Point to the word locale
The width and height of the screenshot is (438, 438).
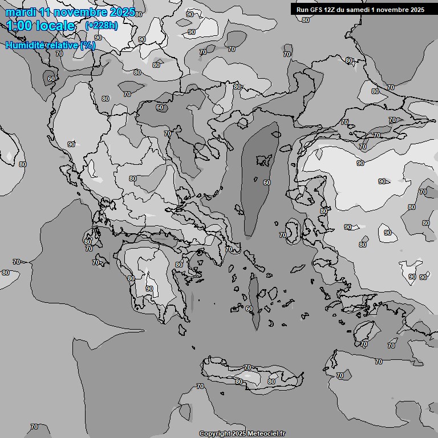pyautogui.click(x=56, y=26)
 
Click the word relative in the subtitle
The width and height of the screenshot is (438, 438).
pyautogui.click(x=63, y=45)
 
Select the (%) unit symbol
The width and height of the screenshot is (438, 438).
pyautogui.click(x=88, y=45)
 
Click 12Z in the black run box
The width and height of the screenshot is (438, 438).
pyautogui.click(x=332, y=10)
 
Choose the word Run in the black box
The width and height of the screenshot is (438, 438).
pyautogui.click(x=302, y=10)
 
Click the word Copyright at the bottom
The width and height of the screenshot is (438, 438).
pyautogui.click(x=214, y=433)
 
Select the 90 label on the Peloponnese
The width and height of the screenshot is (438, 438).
pyautogui.click(x=149, y=289)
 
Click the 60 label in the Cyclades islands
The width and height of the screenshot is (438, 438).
pyautogui.click(x=249, y=309)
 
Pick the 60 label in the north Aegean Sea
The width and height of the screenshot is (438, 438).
pyautogui.click(x=266, y=182)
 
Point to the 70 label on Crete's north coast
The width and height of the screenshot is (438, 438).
pyautogui.click(x=247, y=368)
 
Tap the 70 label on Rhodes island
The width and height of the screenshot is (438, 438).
pyautogui.click(x=364, y=344)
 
